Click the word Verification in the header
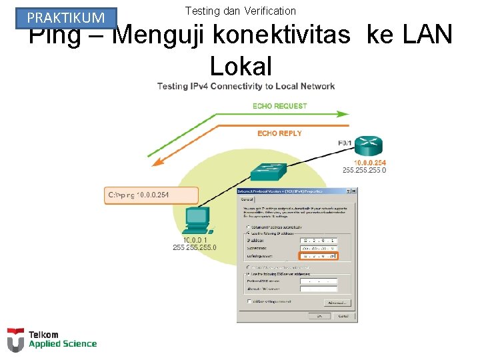tap(269, 11)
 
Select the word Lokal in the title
tap(241, 65)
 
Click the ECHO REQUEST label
tap(279, 106)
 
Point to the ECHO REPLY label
tap(279, 133)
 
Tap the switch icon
tap(268, 171)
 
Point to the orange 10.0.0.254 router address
tap(369, 163)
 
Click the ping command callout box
tap(152, 195)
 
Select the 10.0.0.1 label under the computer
tap(195, 240)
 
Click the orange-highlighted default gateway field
tap(319, 255)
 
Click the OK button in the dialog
tap(320, 315)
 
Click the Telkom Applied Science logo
tap(52, 340)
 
